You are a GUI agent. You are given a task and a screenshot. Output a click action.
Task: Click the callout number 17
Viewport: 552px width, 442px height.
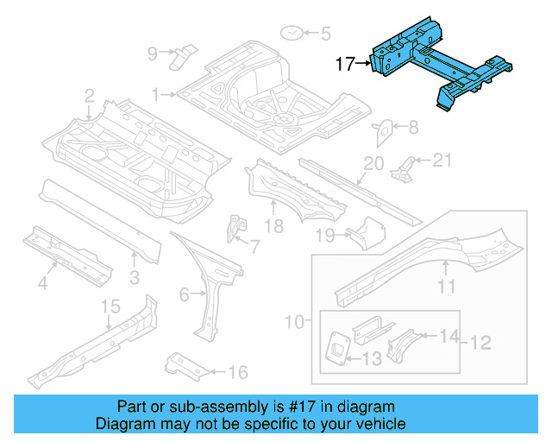(345, 63)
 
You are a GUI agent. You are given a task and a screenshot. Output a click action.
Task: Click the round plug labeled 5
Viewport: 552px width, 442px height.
(293, 34)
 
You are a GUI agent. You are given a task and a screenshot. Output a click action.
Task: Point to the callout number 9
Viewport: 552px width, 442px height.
(153, 54)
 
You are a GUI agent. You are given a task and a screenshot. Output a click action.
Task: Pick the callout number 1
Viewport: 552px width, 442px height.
(157, 93)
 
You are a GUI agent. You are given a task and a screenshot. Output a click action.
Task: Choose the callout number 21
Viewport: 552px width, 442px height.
(441, 159)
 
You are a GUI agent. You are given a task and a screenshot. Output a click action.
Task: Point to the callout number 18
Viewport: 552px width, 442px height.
(273, 227)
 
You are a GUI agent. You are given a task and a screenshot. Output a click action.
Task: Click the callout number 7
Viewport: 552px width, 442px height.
(254, 247)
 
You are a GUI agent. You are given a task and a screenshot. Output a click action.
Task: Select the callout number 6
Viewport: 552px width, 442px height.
(184, 294)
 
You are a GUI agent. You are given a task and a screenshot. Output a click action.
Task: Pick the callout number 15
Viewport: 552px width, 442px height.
(110, 306)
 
